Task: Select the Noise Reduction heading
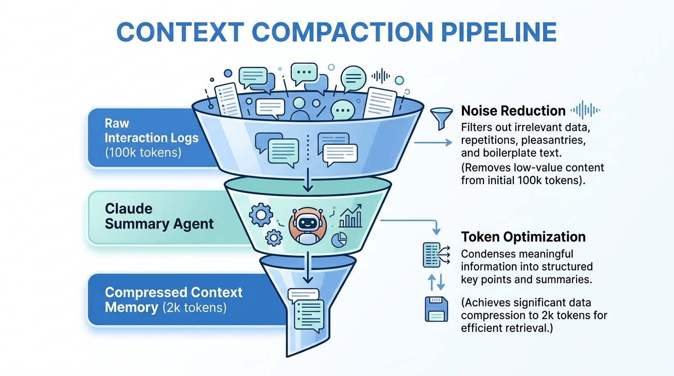click(513, 110)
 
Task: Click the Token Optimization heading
click(523, 237)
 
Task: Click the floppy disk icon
click(435, 308)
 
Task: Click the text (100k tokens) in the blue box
click(143, 152)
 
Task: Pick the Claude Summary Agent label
click(159, 216)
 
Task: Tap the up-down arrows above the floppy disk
click(435, 282)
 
